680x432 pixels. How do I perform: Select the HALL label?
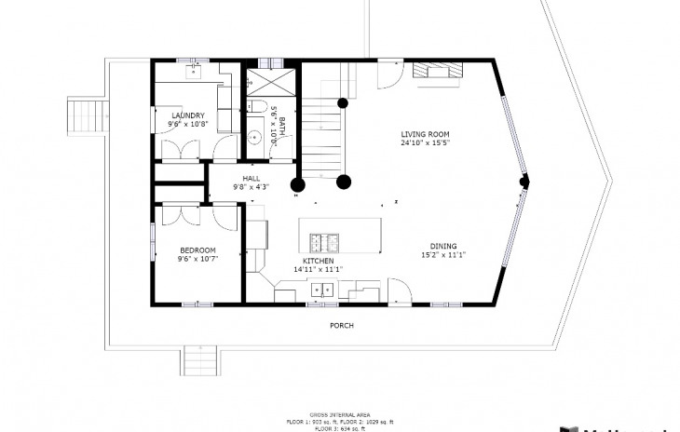click(252, 178)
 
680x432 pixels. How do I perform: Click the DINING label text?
click(442, 246)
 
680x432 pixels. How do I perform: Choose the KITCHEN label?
click(318, 262)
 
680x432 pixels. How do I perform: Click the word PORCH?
click(342, 326)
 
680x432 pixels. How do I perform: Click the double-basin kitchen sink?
click(322, 290)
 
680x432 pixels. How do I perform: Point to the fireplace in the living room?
click(435, 73)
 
